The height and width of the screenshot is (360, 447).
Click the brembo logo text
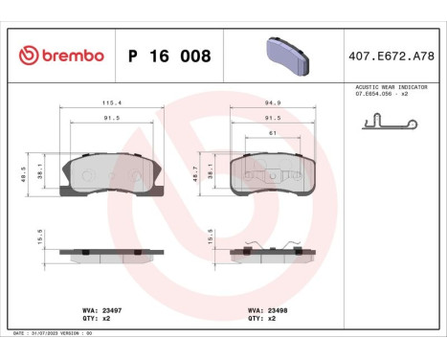[x=73, y=56]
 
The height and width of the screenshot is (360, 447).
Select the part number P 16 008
[x=169, y=56]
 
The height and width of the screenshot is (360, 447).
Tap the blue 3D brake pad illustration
[x=287, y=56]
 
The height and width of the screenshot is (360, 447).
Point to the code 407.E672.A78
[x=391, y=56]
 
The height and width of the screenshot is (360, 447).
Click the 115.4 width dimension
[x=112, y=102]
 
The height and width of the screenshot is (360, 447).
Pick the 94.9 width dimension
[x=273, y=102]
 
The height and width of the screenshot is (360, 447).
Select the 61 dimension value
[x=273, y=133]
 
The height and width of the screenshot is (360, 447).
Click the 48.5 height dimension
[x=23, y=174]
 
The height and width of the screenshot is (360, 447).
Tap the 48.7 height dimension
[x=195, y=174]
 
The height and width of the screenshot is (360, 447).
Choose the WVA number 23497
[x=112, y=310]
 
